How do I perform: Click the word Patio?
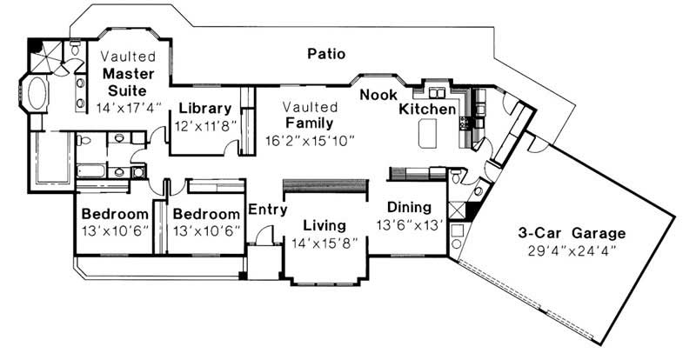pos(326,54)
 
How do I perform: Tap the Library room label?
pos(204,109)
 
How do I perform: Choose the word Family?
pos(309,123)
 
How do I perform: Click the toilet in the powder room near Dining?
pos(478,190)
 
